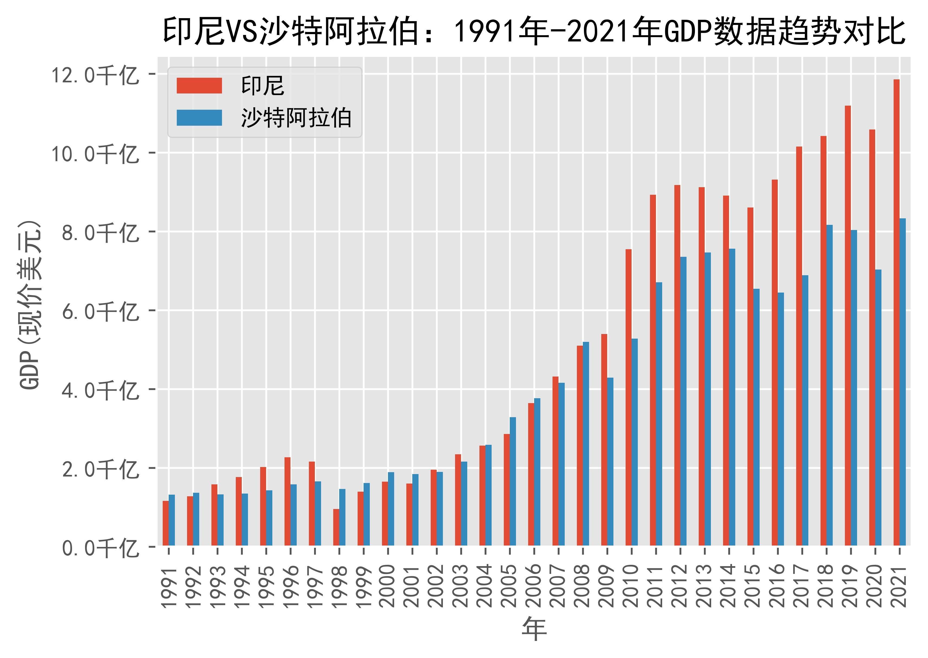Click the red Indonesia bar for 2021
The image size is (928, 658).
coord(896,312)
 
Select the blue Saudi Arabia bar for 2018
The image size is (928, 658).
coord(829,385)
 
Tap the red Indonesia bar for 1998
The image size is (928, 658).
coord(336,527)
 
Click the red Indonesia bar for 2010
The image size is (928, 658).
coord(628,397)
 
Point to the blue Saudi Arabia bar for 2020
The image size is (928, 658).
coord(878,407)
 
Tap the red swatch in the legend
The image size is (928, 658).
coord(199,86)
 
